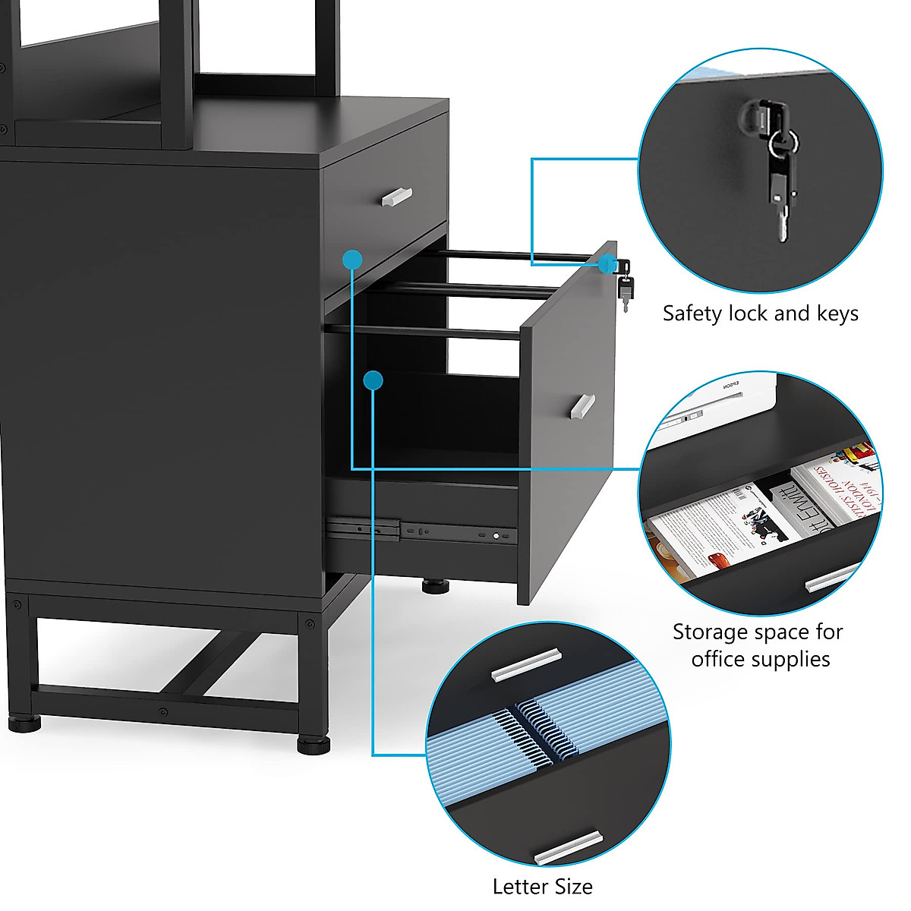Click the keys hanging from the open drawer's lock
click(626, 290)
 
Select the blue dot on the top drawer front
click(351, 260)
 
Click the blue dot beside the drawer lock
click(607, 263)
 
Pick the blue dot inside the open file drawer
click(372, 380)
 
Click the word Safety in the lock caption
click(692, 314)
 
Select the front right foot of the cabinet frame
click(314, 743)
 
